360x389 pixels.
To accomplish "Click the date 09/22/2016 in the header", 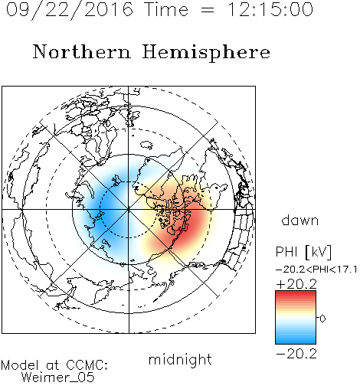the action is point(70,10).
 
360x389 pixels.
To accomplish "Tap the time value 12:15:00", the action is point(270,9).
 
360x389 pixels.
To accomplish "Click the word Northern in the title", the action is point(82,51).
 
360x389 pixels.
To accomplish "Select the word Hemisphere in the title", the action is point(206,53).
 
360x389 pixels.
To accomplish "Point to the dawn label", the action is point(300,220).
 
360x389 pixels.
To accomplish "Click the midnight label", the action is point(180,360).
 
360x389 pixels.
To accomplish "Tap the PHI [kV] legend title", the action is point(303,252).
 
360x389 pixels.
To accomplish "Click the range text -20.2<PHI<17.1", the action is point(316,270).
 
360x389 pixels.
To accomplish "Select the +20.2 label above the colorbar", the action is point(296,284).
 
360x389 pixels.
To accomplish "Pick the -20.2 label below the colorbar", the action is point(296,354).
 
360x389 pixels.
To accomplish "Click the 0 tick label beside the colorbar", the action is point(322,319).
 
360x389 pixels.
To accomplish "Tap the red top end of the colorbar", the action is point(296,293).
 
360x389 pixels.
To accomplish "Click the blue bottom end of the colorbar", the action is point(296,341).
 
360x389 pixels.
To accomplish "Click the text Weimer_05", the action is point(58,378).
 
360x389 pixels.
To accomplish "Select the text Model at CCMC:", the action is point(54,365).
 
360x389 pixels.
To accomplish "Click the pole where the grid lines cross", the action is point(129,210).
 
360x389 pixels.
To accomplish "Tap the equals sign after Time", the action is point(208,10).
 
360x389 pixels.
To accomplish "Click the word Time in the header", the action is point(166,9).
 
